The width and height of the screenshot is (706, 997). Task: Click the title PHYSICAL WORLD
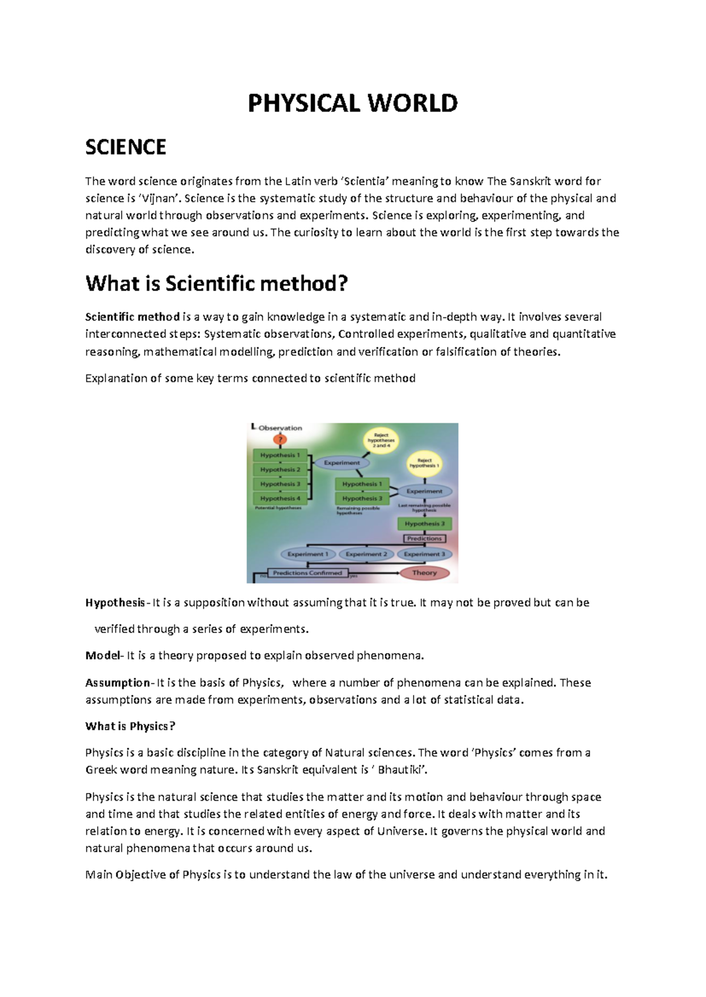[x=352, y=103]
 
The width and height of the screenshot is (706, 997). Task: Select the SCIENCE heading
[x=125, y=147]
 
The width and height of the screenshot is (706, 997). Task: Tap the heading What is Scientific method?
[x=217, y=283]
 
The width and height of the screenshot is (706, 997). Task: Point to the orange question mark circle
[x=281, y=440]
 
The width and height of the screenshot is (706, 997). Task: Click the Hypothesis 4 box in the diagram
[x=280, y=498]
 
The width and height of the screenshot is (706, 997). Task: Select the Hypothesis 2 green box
[x=280, y=470]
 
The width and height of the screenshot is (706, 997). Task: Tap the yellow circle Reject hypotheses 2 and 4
[x=381, y=440]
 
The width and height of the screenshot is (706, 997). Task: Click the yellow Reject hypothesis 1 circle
[x=424, y=463]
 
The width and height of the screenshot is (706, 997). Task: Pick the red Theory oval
[x=424, y=573]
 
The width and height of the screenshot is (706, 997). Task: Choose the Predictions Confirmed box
[x=308, y=573]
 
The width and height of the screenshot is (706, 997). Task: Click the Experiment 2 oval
[x=366, y=554]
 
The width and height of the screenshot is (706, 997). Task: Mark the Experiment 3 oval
[x=424, y=554]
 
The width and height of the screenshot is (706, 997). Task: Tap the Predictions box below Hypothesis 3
[x=424, y=538]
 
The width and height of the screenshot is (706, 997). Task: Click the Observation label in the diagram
[x=280, y=428]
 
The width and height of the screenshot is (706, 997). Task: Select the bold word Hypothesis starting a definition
[x=115, y=603]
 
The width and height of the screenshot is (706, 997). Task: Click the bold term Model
[x=102, y=655]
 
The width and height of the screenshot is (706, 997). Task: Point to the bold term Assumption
[x=118, y=682]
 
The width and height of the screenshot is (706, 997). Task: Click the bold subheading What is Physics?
[x=130, y=726]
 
